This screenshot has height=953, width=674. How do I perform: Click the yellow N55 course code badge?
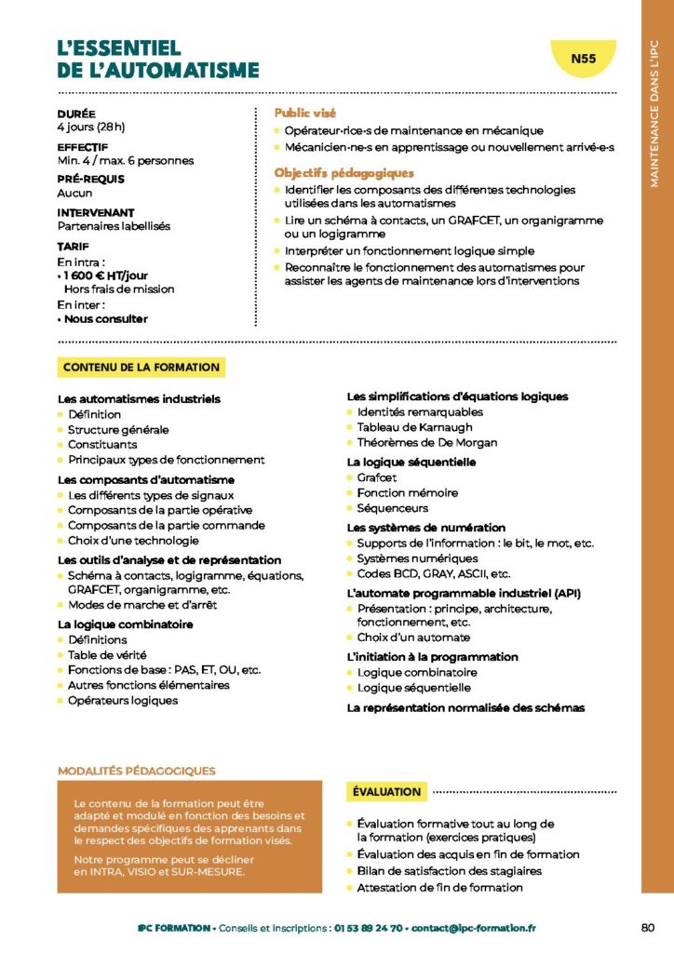pos(584,59)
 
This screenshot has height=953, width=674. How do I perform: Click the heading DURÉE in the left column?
pos(75,114)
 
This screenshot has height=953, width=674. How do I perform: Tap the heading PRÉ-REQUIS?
pos(90,179)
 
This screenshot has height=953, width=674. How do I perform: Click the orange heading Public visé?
pos(305,113)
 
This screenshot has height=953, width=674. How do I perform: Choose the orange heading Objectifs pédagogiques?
pos(343,173)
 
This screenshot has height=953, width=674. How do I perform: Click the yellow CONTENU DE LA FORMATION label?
pos(142,368)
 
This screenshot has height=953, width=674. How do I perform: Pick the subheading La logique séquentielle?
pos(411,462)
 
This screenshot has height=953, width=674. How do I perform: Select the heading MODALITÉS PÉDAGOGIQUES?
pos(137,771)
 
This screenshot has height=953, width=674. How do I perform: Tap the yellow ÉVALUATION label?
pos(386,792)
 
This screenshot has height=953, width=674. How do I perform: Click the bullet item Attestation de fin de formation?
pos(439,888)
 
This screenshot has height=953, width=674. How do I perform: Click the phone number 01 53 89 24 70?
pos(370,928)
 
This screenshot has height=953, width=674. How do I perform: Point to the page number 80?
pos(648,927)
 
